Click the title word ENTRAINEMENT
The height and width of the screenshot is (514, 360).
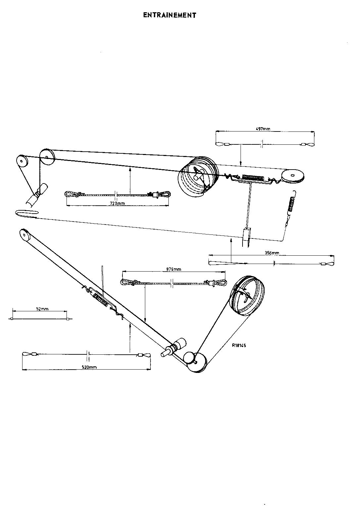click(170, 15)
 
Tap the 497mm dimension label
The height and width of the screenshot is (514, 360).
click(263, 129)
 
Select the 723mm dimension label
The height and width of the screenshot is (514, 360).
click(117, 203)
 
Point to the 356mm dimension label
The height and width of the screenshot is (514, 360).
click(272, 253)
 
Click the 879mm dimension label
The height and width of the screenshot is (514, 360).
click(174, 269)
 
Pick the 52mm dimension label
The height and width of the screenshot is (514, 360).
click(42, 309)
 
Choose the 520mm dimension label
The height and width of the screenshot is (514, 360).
click(89, 367)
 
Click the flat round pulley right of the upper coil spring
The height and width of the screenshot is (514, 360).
click(293, 176)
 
